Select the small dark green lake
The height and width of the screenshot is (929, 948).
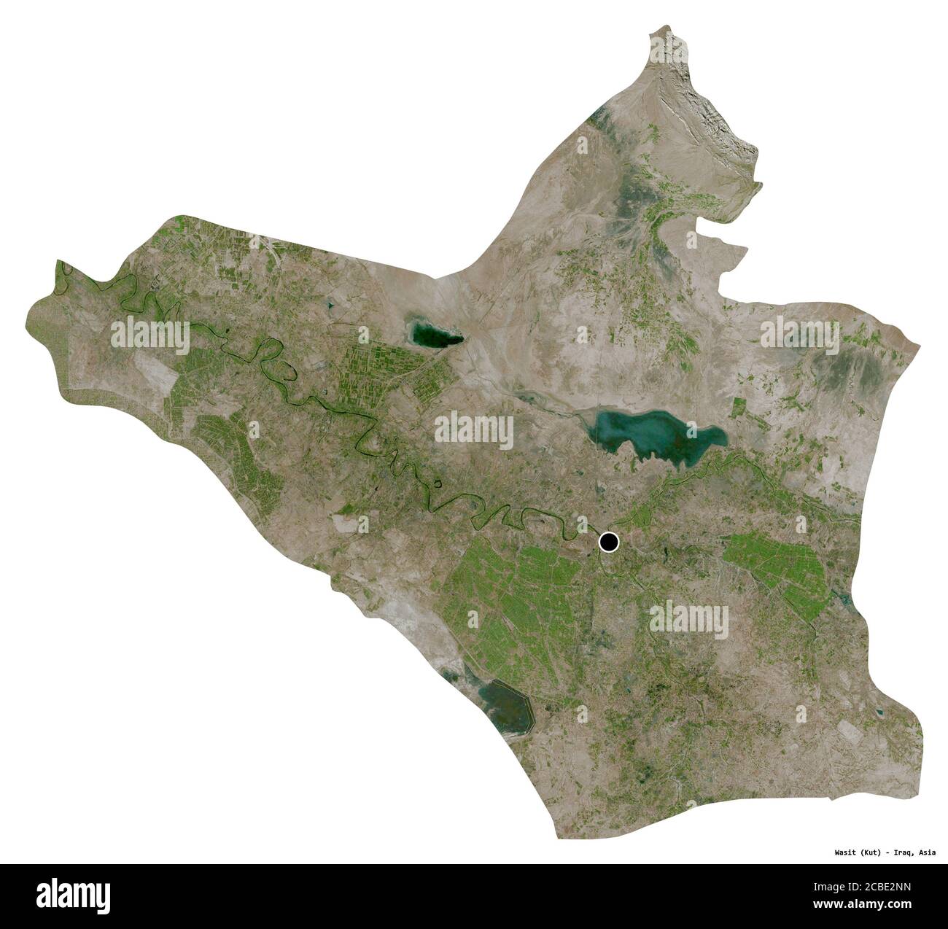pos(435,336)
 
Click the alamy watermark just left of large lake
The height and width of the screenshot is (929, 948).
pos(474,431)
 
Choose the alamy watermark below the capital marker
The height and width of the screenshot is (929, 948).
pos(688,621)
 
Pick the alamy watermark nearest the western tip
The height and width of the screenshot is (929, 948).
pos(150,336)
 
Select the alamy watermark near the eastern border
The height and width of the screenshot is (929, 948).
pos(800,336)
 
